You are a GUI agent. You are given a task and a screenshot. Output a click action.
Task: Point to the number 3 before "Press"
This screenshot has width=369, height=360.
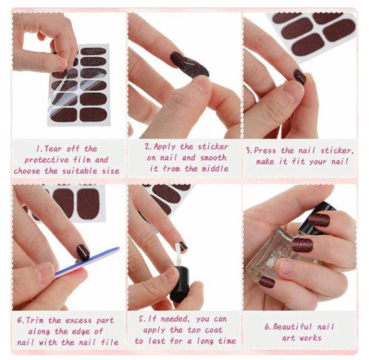pyautogui.click(x=248, y=150)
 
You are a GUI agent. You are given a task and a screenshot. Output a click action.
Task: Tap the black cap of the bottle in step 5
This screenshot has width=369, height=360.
pyautogui.click(x=179, y=286)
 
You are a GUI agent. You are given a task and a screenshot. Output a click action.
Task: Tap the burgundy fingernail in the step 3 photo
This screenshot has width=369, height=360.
pyautogui.click(x=300, y=76)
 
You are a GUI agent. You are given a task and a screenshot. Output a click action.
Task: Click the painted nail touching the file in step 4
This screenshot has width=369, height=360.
pyautogui.click(x=83, y=252)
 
